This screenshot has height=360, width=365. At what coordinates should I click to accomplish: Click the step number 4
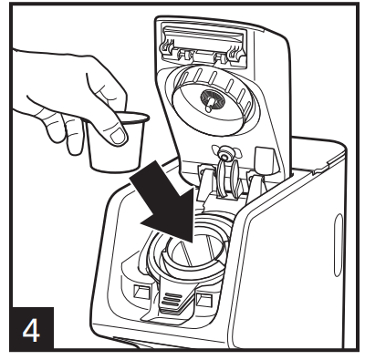pyautogui.click(x=31, y=331)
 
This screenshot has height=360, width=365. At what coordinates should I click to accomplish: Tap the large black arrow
pyautogui.click(x=167, y=201)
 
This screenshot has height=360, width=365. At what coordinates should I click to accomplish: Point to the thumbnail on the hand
pyautogui.click(x=118, y=136)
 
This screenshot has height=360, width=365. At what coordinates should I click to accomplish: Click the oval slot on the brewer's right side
pyautogui.click(x=339, y=244)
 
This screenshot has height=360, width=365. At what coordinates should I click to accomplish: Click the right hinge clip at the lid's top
pyautogui.click(x=235, y=52)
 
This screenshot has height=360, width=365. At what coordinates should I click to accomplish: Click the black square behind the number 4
pyautogui.click(x=31, y=328)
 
